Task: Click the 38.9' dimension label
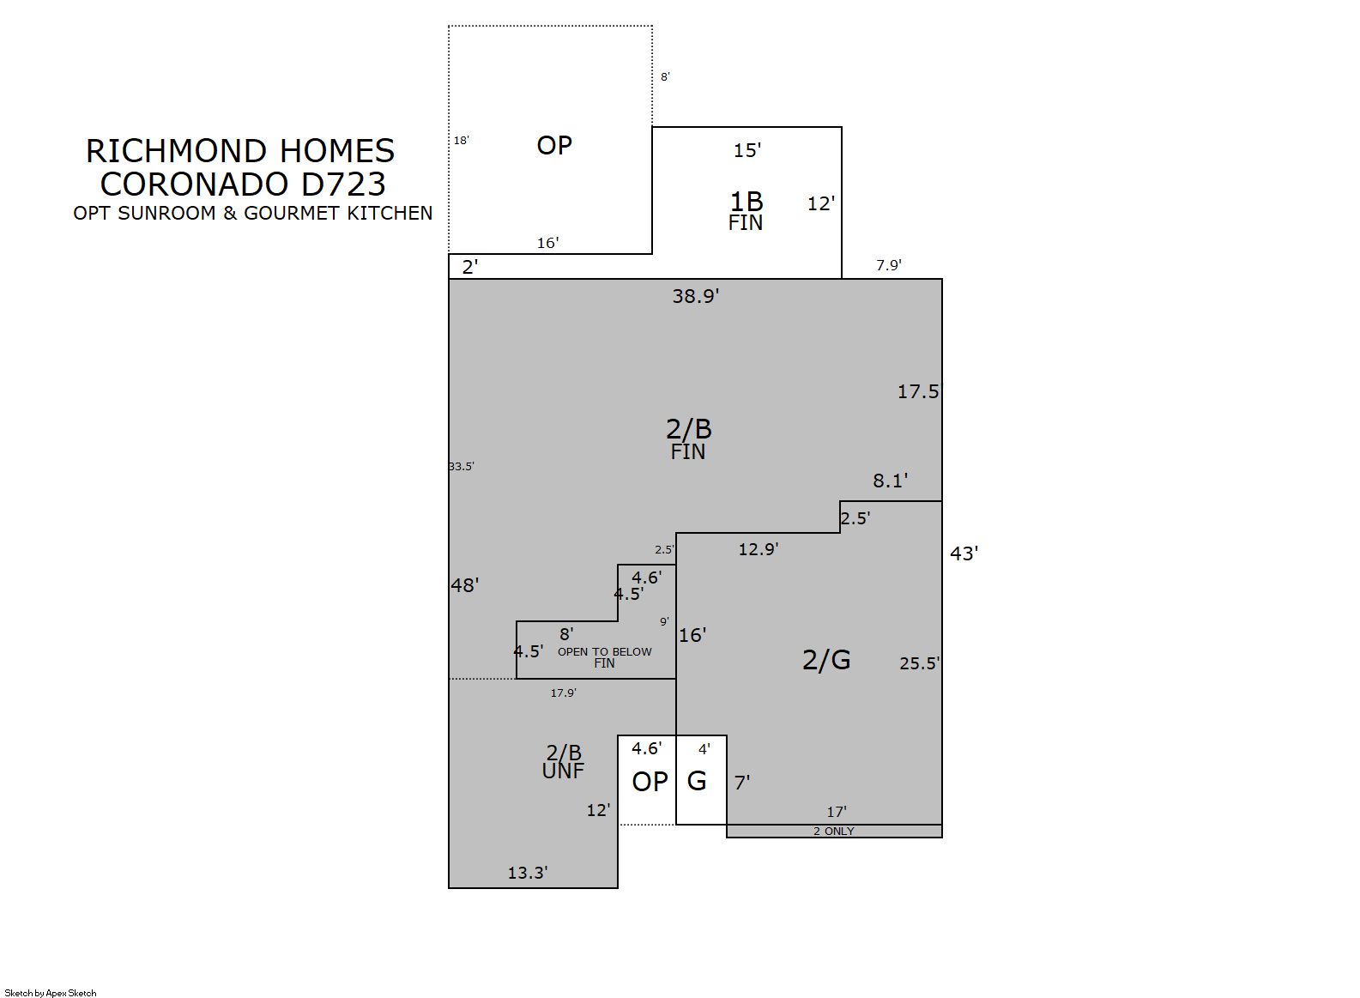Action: click(x=695, y=296)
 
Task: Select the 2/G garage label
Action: click(x=826, y=660)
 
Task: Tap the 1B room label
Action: click(x=746, y=202)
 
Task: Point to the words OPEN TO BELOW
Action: click(x=605, y=652)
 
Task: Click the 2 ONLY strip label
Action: click(x=834, y=832)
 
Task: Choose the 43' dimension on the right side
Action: click(x=964, y=553)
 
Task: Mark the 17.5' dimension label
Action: click(x=919, y=391)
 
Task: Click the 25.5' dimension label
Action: click(x=920, y=663)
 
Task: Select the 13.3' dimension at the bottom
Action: click(x=528, y=873)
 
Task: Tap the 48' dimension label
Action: click(x=464, y=586)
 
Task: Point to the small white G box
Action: click(x=701, y=780)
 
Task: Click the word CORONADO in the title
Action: click(x=194, y=184)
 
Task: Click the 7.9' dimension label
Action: click(x=889, y=265)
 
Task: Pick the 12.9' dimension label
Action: click(x=759, y=549)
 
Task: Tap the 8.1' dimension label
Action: click(x=891, y=481)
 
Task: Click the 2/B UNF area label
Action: click(x=564, y=762)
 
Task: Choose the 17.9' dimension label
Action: click(x=564, y=693)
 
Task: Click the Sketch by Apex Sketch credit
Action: click(x=51, y=993)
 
